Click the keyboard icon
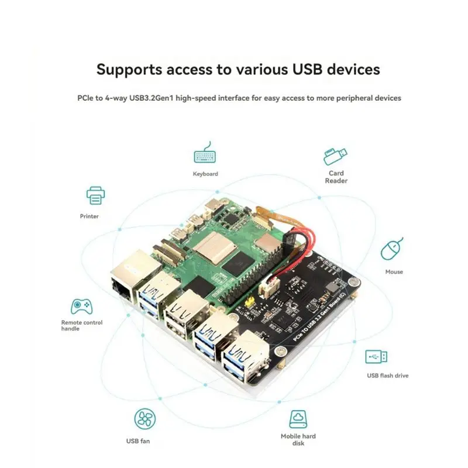coord(205,156)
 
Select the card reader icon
coord(335,156)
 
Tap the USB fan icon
coord(145,419)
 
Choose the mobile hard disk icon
coord(298,419)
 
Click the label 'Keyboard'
coord(205,174)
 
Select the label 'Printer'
coord(90,216)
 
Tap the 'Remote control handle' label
coord(82,325)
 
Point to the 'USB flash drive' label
coord(388,376)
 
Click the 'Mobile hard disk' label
coord(298,439)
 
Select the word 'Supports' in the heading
coord(129,70)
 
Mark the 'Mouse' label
coord(394,272)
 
